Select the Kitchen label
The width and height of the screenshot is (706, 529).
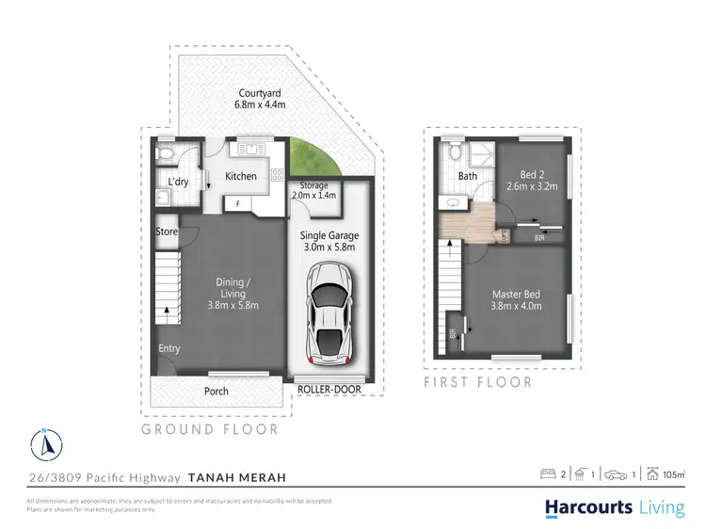(241, 177)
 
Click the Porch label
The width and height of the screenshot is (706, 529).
(216, 391)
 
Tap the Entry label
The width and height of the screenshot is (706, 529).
(169, 349)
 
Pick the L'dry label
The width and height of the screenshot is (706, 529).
(179, 183)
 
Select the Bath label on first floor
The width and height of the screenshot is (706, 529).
(468, 176)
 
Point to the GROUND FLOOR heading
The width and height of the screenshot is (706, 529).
(210, 429)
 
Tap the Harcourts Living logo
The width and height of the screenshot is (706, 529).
(615, 507)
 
